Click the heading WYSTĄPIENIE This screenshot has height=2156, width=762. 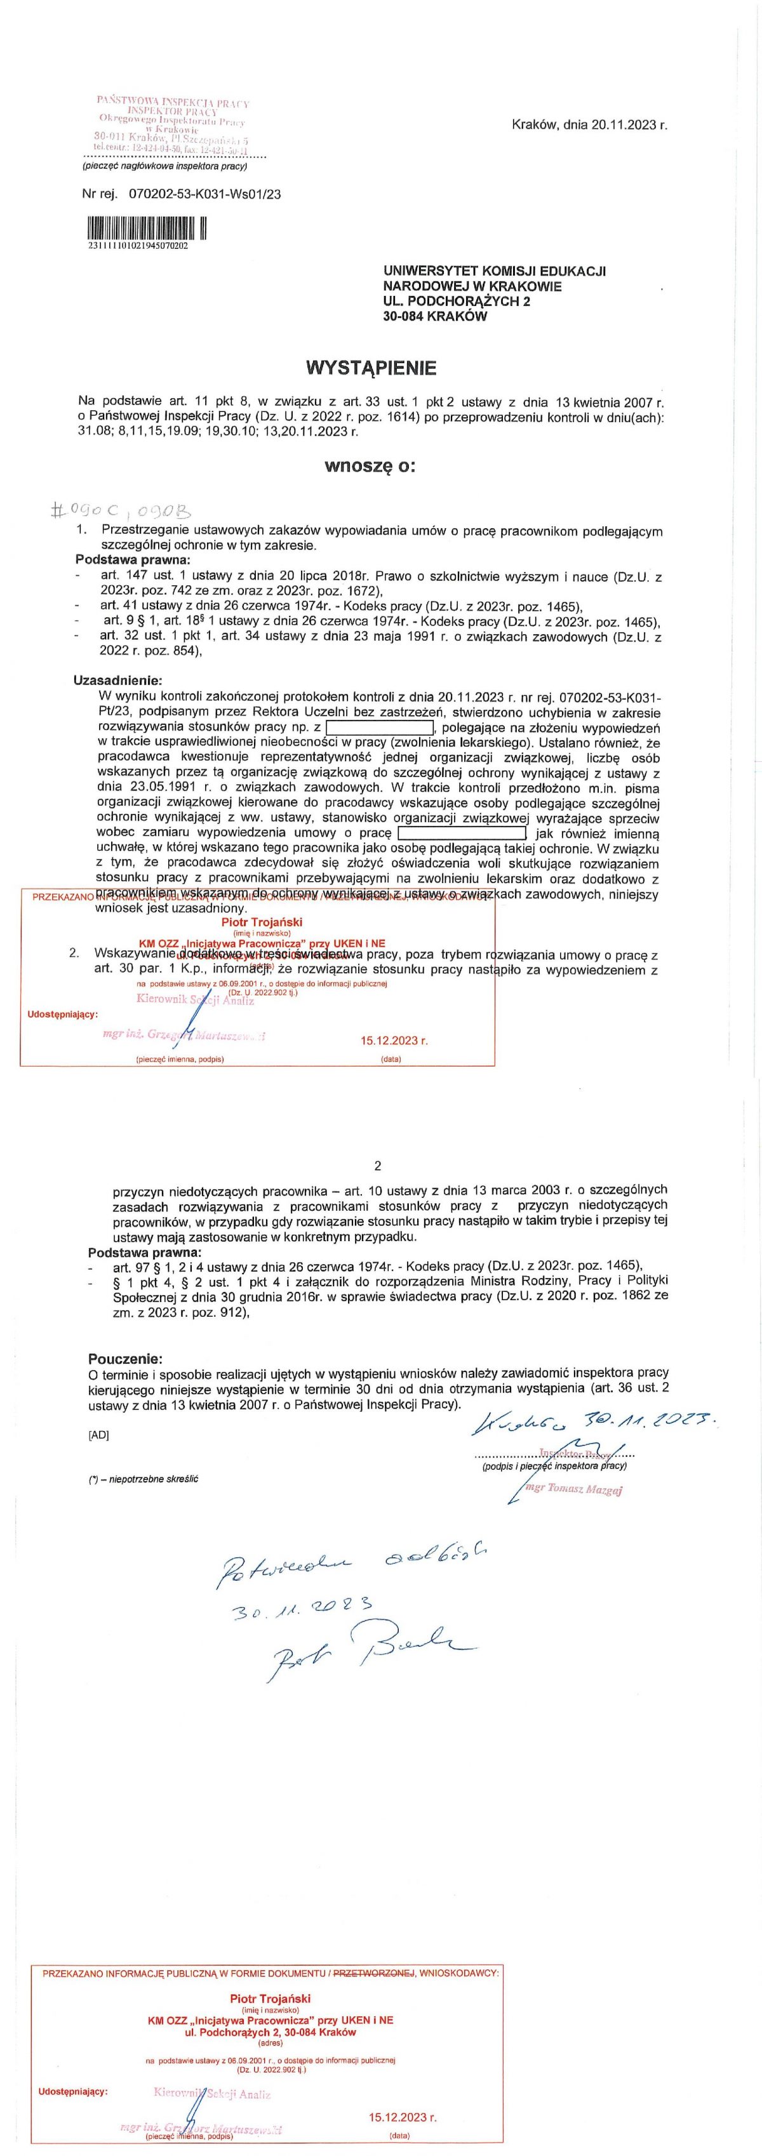(371, 368)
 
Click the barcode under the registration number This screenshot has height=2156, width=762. (147, 228)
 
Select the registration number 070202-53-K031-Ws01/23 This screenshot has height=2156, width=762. (205, 194)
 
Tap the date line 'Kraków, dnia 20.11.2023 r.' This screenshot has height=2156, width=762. (589, 124)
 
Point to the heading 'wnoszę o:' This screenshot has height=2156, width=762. (370, 466)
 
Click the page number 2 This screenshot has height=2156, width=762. (378, 1165)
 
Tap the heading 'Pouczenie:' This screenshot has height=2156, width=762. (126, 1359)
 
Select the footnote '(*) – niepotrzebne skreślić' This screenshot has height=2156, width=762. (144, 1478)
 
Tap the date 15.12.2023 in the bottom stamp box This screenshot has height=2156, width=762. (403, 2117)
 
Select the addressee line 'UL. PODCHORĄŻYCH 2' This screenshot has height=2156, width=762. (457, 302)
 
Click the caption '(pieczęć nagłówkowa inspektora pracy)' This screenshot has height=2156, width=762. (164, 166)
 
